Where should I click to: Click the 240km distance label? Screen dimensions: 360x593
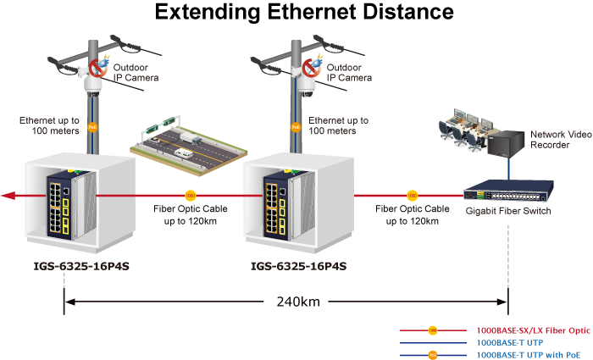[297, 301]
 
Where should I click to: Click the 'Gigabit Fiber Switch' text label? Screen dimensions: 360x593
[508, 211]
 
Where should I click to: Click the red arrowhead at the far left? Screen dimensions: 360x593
[8, 196]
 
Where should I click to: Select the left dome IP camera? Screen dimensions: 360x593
[91, 84]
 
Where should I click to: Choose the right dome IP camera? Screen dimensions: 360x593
[306, 84]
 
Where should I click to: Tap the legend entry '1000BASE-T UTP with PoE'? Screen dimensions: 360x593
[529, 355]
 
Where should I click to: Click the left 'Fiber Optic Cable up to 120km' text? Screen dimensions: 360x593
[190, 214]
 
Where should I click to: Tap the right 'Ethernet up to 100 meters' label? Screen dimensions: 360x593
[338, 126]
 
